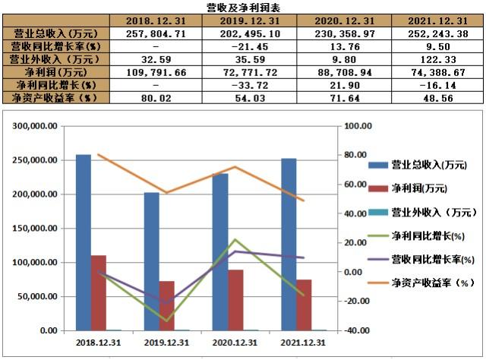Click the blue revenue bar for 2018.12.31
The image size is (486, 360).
coord(84,242)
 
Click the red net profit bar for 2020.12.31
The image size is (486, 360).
coord(235,300)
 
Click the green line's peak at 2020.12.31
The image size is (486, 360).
coord(235,240)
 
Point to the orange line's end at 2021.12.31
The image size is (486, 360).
coord(303,201)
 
